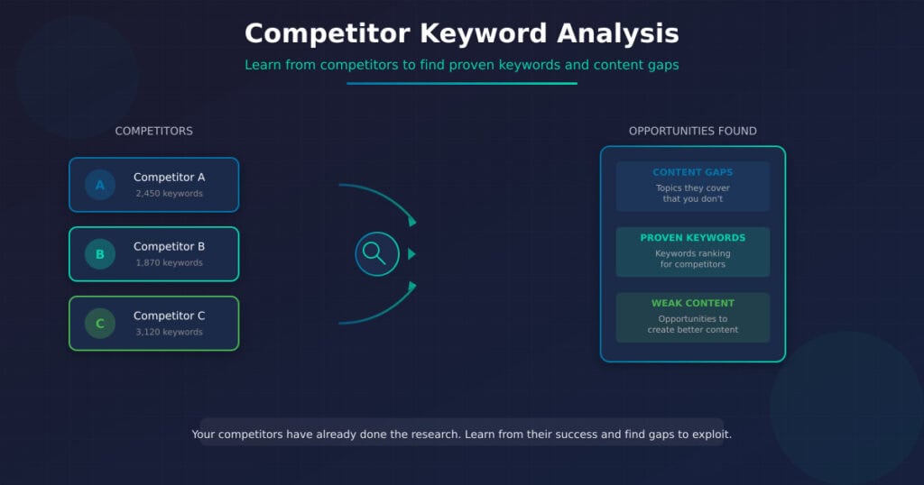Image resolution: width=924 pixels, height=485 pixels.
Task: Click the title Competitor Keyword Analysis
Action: click(461, 33)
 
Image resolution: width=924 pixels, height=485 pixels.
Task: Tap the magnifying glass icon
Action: click(376, 253)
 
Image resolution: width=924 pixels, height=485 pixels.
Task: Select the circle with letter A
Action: click(100, 185)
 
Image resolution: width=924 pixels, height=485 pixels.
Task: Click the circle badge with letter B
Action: click(100, 254)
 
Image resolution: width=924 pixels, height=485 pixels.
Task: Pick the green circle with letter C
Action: click(100, 324)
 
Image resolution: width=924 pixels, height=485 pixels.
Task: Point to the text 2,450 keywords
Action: click(169, 194)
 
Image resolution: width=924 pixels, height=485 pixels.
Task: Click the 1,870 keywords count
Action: click(169, 263)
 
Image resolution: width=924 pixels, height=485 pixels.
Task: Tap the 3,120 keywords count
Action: click(169, 332)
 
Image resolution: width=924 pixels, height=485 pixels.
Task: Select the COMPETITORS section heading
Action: click(153, 132)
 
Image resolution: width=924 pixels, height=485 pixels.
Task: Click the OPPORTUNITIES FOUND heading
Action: click(692, 132)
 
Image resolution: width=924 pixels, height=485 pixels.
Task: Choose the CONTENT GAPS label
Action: click(692, 172)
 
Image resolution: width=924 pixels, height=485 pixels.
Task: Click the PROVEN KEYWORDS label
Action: click(692, 238)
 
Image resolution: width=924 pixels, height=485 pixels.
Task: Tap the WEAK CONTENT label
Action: click(692, 304)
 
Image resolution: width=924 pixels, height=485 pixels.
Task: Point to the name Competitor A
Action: click(169, 178)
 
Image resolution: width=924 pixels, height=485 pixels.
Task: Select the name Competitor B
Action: click(169, 247)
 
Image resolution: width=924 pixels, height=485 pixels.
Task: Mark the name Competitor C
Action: click(169, 316)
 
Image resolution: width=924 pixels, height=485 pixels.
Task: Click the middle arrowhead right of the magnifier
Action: click(411, 254)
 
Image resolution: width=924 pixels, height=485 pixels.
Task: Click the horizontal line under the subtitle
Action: click(461, 84)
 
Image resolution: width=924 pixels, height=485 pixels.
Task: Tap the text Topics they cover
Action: click(692, 188)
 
